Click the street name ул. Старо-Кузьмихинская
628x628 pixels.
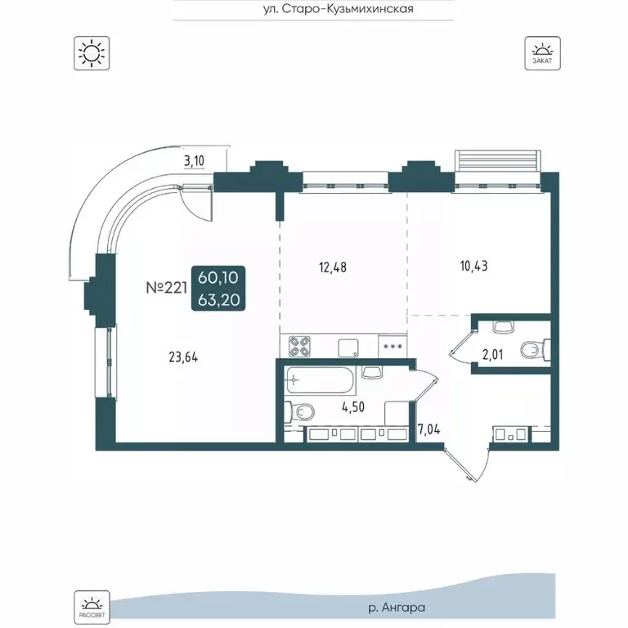coord(339,9)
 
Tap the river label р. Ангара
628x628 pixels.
coord(396,608)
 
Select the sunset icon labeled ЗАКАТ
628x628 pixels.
coord(542,53)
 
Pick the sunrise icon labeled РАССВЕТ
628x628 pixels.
coord(92,607)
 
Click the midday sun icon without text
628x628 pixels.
coord(92,53)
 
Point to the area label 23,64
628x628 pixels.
coord(183,357)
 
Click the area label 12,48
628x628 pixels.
coord(333,267)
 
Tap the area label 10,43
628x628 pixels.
coord(473,266)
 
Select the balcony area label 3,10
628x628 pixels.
coord(194,161)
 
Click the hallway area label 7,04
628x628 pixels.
coord(429,430)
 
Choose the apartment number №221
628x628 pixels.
coord(167,288)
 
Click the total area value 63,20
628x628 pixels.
coord(218,299)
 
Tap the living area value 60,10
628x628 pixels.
coord(218,277)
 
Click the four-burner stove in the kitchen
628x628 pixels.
coord(300,346)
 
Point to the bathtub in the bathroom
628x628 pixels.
coord(320,379)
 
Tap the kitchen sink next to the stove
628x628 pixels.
coord(348,348)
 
